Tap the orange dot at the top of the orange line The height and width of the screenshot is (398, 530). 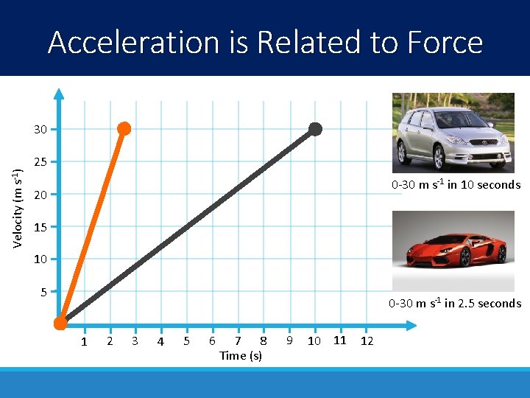(124, 129)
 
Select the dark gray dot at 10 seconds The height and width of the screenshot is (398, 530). (315, 129)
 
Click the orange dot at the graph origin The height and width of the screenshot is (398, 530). (61, 323)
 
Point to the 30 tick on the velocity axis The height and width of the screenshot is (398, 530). (40, 130)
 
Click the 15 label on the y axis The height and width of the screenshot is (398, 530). (40, 227)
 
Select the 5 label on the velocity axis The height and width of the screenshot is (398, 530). (43, 292)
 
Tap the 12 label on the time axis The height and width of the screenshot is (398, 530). (367, 341)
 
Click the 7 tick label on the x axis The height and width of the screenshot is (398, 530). (237, 341)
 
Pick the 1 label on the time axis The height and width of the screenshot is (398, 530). (85, 342)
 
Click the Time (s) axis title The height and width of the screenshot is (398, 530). (241, 356)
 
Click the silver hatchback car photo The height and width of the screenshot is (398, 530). (453, 130)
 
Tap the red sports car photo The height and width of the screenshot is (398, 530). (453, 251)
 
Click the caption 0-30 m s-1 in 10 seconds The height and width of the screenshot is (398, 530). (456, 184)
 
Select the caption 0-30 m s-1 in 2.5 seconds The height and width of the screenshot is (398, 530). (454, 303)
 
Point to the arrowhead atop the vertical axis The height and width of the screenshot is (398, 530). (61, 94)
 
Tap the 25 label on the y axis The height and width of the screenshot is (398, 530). (40, 162)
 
